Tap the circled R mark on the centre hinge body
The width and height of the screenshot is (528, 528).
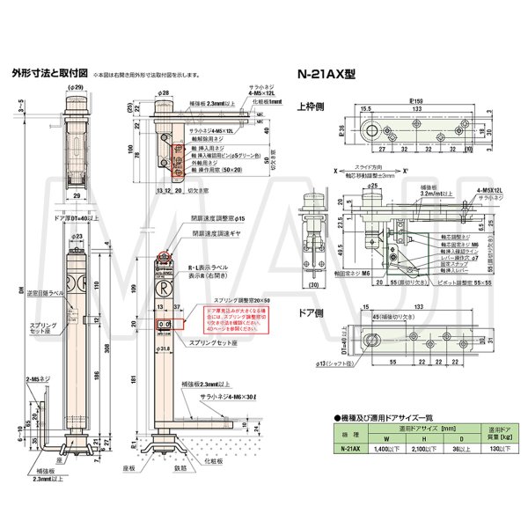tap(163, 288)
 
